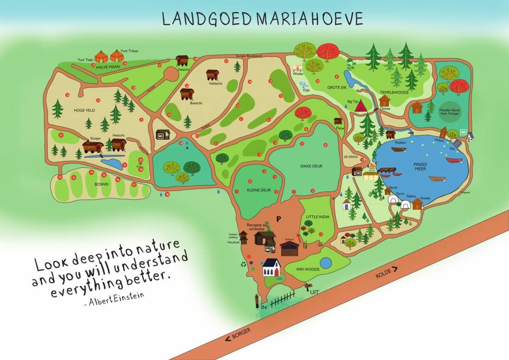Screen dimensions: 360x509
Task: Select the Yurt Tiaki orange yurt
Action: [102, 57]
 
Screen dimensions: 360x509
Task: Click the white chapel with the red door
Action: [272, 267]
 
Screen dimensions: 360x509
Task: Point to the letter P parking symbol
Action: [279, 218]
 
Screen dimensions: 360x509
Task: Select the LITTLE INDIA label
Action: [317, 216]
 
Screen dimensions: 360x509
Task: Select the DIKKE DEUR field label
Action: [310, 166]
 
